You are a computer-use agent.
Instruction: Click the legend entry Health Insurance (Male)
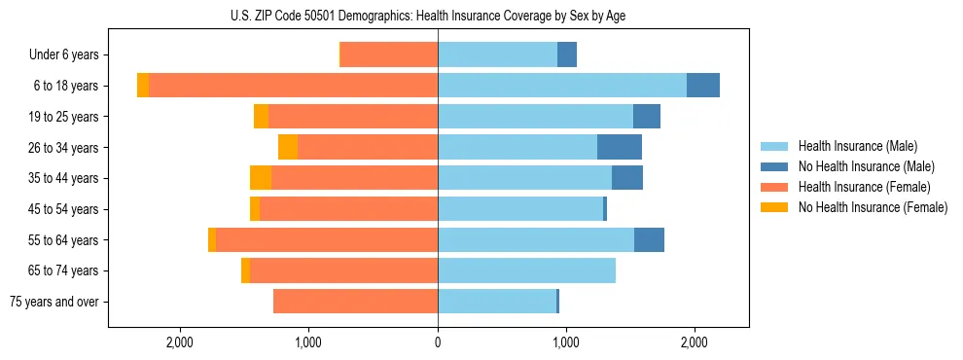pos(857,146)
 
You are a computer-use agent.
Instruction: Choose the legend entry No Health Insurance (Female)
pos(873,207)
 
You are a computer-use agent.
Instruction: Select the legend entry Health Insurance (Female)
pos(864,187)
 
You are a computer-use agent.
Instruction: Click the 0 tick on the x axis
pos(438,342)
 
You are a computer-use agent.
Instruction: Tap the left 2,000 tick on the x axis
pos(180,342)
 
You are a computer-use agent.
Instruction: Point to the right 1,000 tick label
pos(566,342)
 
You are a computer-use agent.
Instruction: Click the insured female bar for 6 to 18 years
pos(293,86)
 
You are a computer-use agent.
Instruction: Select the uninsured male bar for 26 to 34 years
pos(620,147)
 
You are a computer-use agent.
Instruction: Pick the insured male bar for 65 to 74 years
pos(526,270)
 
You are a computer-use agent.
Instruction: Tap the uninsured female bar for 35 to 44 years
pos(261,178)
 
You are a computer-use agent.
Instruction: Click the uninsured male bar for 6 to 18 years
pos(703,86)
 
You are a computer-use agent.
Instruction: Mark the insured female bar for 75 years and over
pos(355,302)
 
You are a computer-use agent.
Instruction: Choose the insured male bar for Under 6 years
pos(497,54)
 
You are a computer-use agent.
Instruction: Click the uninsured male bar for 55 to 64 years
pos(649,239)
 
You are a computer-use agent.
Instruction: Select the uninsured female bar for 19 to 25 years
pos(261,117)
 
